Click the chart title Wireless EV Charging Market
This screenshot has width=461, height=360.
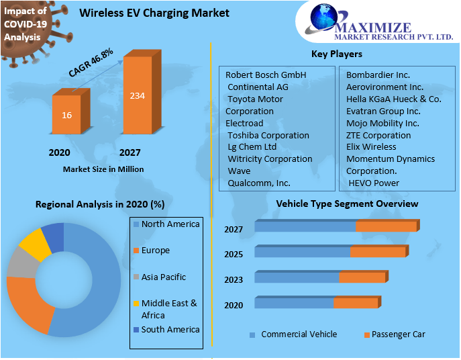154,13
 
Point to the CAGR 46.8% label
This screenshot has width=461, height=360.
91,62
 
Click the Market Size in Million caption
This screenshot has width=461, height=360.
103,169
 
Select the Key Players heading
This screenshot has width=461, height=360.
336,54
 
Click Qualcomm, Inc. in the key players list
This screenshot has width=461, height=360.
259,183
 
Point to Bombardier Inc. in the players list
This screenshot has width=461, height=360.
378,75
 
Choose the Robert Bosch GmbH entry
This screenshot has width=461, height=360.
266,75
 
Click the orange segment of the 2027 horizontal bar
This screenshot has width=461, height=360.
387,226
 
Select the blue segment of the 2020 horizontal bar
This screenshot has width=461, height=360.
294,304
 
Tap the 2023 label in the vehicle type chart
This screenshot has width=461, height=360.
234,280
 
